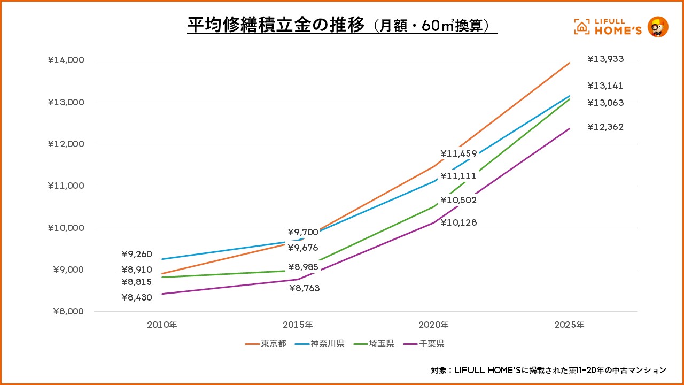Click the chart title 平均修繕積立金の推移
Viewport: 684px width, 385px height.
(x=275, y=25)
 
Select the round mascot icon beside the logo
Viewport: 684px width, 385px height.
(x=658, y=27)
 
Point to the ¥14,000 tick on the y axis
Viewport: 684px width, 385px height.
(x=66, y=60)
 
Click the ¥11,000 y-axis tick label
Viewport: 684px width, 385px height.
(x=66, y=186)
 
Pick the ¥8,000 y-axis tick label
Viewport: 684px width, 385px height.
(x=68, y=312)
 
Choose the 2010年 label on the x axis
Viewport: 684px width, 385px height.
(x=162, y=325)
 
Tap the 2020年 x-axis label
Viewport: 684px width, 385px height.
(x=434, y=325)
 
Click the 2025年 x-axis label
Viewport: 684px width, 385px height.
(x=570, y=325)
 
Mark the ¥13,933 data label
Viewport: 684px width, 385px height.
(x=605, y=59)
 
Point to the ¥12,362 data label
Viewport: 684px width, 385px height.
(x=605, y=127)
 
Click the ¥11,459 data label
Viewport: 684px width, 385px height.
(x=458, y=154)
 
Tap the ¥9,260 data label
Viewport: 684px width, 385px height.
(x=137, y=254)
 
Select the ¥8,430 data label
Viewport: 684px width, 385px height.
(x=137, y=297)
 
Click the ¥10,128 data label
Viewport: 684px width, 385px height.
(x=458, y=222)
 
